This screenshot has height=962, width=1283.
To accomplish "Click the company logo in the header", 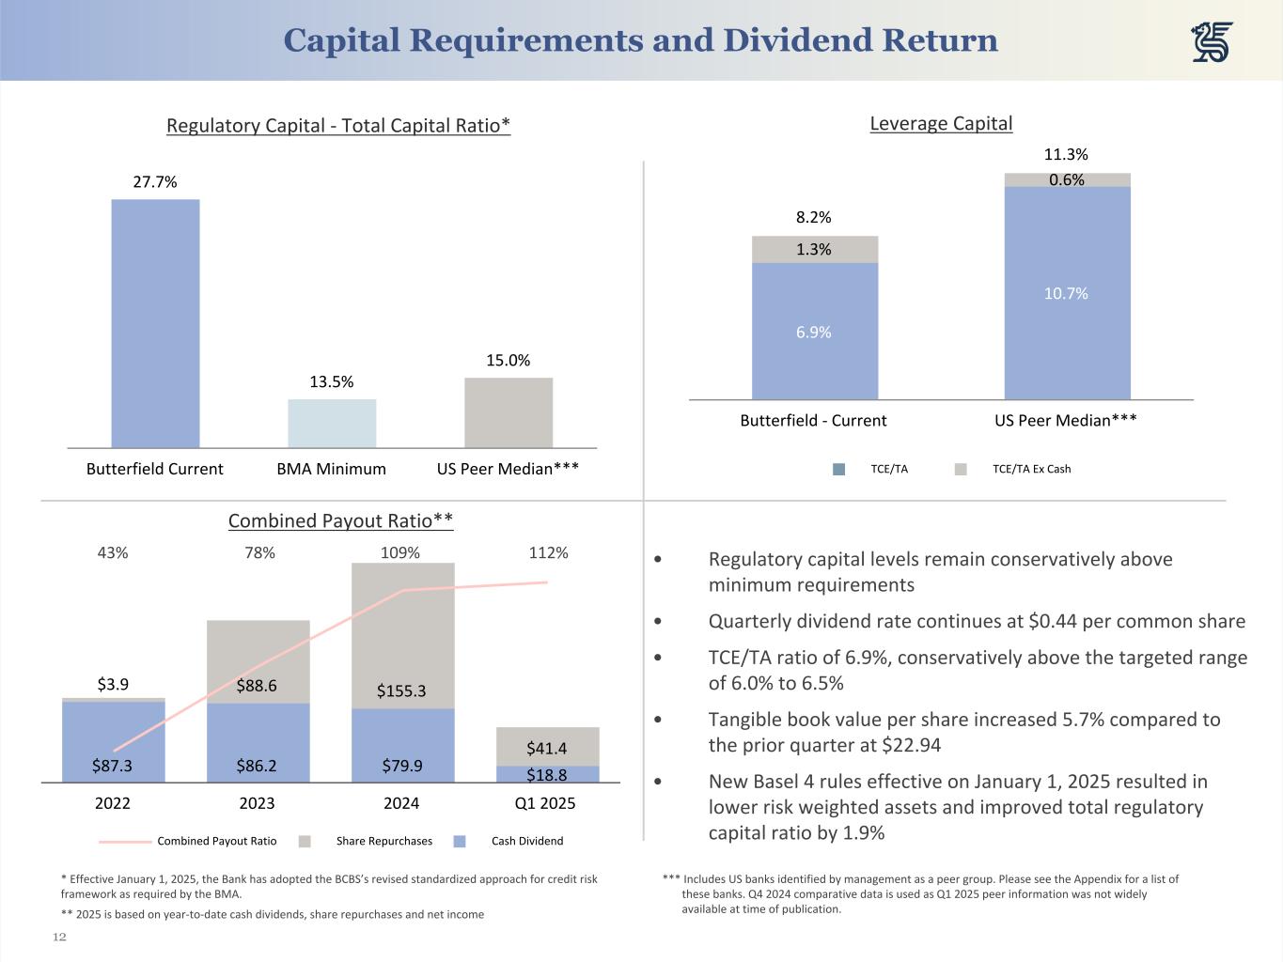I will tap(1212, 42).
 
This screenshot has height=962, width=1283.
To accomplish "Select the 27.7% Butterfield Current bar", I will tap(155, 323).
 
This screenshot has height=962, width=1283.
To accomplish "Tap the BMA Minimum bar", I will tap(332, 424).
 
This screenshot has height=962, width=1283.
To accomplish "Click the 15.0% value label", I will tap(508, 361).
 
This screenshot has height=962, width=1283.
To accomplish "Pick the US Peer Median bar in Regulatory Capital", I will tap(509, 413).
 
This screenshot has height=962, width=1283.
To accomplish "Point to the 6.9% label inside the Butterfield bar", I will tap(814, 333).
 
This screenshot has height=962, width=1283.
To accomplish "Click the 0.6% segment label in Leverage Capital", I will tap(1067, 180).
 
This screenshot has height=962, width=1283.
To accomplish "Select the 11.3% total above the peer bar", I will tap(1066, 155).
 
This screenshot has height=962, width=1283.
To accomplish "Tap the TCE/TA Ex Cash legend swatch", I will tap(961, 470).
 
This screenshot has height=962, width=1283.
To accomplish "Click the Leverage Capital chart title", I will tap(941, 124).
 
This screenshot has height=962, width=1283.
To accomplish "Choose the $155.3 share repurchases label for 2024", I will tap(401, 691).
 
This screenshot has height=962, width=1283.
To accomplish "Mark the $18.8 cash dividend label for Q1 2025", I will tap(546, 776).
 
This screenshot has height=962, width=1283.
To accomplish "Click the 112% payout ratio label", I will tap(548, 553).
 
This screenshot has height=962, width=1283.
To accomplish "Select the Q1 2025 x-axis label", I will tap(545, 803).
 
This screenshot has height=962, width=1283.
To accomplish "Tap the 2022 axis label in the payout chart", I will tap(113, 803).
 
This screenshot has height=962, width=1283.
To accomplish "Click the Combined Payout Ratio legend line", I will tap(125, 842).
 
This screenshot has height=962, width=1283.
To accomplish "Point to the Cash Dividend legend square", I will tap(460, 842).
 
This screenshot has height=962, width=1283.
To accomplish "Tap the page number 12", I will tap(60, 938).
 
